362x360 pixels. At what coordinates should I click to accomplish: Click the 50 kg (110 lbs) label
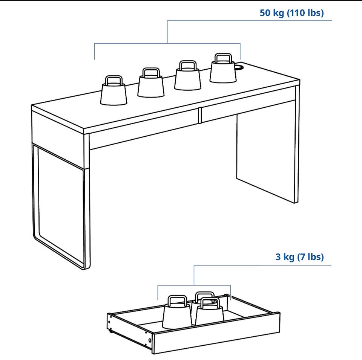[x=291, y=13]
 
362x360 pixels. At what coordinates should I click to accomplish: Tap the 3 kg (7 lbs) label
[x=300, y=257]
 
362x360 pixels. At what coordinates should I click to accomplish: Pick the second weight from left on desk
[x=151, y=82]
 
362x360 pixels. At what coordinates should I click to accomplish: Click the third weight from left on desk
[x=187, y=75]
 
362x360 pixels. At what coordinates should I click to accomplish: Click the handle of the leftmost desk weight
[x=114, y=81]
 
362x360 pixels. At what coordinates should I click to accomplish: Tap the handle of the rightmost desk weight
[x=223, y=58]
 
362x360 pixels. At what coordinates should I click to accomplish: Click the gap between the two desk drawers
[x=200, y=116]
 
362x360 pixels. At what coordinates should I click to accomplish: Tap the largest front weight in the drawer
[x=177, y=313]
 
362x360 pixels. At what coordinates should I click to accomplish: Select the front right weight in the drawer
[x=210, y=312]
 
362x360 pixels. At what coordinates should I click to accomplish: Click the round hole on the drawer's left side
[x=150, y=340]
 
